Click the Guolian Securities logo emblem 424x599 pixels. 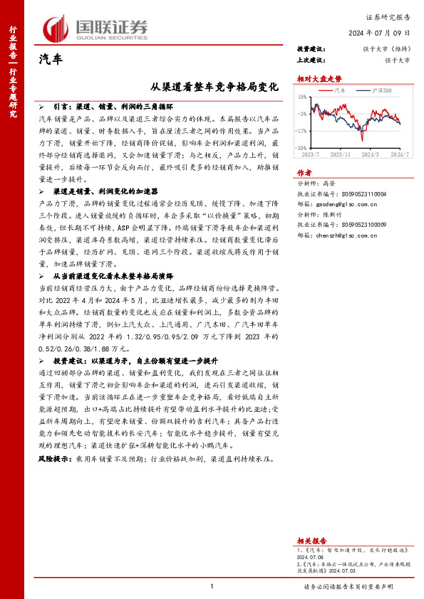57,27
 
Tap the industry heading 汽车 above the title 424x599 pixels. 49,59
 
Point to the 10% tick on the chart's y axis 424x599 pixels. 303,96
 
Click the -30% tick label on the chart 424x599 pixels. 303,147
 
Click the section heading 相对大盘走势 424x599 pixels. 314,80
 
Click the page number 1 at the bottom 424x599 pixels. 212,586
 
